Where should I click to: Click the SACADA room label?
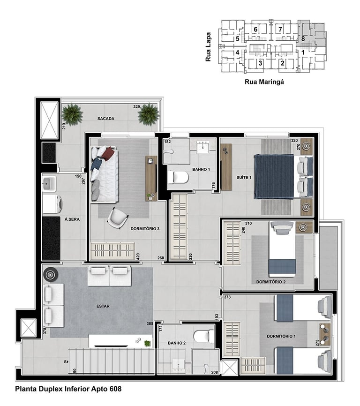tap(106, 119)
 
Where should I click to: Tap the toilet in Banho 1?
tap(178, 178)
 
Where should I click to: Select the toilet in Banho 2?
tap(204, 336)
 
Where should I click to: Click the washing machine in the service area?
tap(52, 204)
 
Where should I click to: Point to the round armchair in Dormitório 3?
tap(118, 218)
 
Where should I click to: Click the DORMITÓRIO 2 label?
tap(271, 282)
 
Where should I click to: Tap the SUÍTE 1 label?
tap(244, 178)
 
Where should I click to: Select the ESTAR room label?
tap(103, 306)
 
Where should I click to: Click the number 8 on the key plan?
tap(303, 39)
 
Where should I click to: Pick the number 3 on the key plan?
tap(260, 63)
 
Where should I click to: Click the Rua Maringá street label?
tap(264, 82)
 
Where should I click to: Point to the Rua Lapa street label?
tap(208, 47)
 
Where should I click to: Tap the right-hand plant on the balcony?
tap(148, 114)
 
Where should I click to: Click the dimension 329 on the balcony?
tap(136, 106)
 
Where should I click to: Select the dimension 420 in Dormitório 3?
tap(138, 256)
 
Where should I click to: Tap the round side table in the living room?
tap(49, 274)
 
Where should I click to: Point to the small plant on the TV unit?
tap(147, 344)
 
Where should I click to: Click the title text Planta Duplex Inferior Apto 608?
tap(68, 389)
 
